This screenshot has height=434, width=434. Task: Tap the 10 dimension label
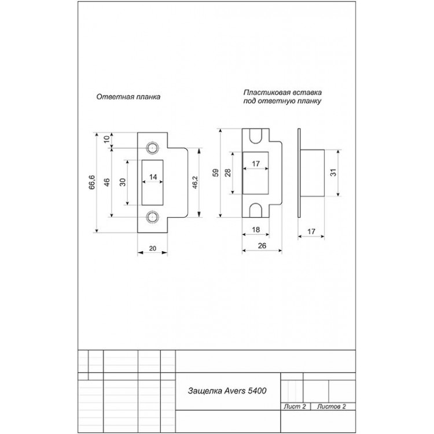click(x=106, y=139)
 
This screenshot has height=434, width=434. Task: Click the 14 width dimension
click(x=153, y=176)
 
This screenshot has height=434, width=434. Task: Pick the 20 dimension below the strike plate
click(x=153, y=248)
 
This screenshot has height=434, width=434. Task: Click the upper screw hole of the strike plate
click(x=153, y=146)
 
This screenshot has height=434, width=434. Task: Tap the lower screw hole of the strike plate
click(x=153, y=218)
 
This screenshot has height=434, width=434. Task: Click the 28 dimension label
click(x=228, y=172)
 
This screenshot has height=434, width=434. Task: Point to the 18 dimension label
click(x=255, y=230)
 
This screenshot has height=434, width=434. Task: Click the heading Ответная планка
click(x=128, y=97)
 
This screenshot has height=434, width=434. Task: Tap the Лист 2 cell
click(x=295, y=406)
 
